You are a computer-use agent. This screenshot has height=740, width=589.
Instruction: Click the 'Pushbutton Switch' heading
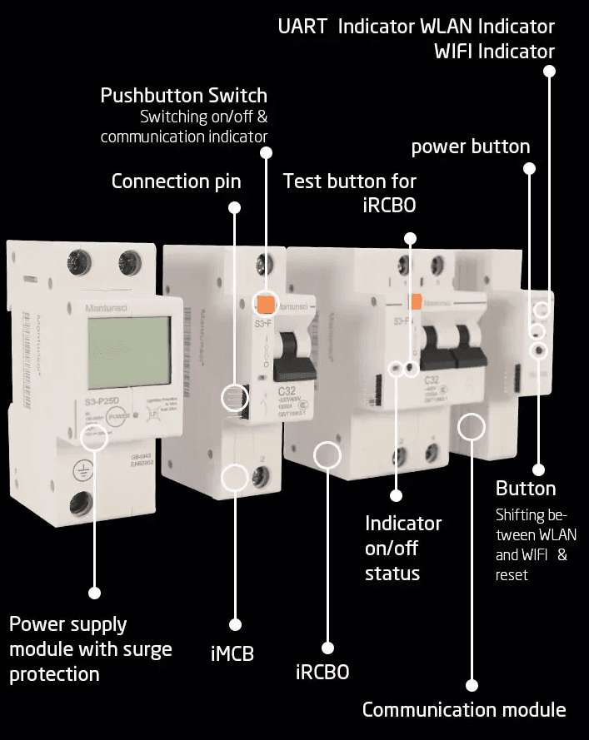tap(183, 96)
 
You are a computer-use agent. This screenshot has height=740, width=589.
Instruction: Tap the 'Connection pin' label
tap(176, 181)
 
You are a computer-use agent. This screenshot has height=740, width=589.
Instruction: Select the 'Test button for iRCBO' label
tap(349, 192)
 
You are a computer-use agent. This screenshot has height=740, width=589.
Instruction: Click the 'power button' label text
tap(470, 147)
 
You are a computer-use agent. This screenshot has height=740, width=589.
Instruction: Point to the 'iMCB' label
tap(232, 653)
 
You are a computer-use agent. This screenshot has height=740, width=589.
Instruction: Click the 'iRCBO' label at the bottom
tap(322, 672)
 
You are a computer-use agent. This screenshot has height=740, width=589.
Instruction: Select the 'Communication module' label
tap(463, 710)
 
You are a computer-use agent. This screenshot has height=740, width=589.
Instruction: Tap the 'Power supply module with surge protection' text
tap(90, 648)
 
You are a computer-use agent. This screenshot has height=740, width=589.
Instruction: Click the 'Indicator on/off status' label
tap(403, 549)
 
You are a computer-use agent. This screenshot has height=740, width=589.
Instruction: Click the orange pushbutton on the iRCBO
tap(414, 302)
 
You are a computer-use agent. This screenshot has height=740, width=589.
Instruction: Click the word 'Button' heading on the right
tap(525, 489)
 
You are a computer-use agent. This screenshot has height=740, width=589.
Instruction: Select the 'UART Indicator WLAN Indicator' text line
tap(416, 27)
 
